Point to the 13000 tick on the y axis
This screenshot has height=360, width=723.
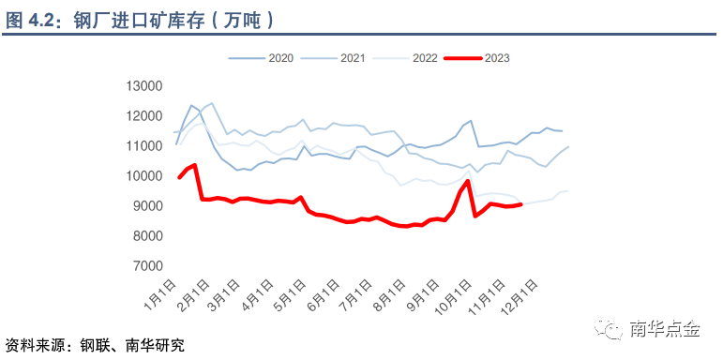[x=143, y=86]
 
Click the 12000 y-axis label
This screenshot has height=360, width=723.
[x=143, y=116]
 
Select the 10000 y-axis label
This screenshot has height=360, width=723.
[x=143, y=176]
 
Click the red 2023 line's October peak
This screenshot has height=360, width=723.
[x=467, y=181]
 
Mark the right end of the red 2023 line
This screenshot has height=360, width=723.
[x=520, y=203]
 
